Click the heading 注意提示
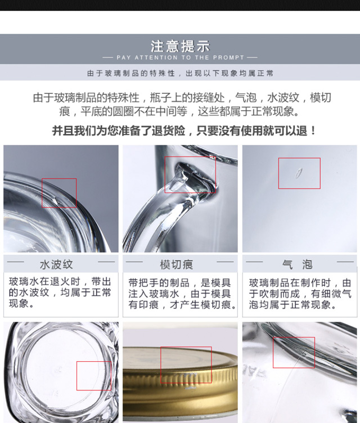point(180,46)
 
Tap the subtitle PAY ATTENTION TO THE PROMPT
point(180,57)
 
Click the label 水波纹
point(56,264)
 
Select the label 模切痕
point(177,264)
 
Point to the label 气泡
point(297,264)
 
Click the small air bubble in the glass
point(299,173)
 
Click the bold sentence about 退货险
point(184,131)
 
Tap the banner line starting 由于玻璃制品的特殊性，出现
point(180,73)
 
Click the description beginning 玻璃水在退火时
point(60,292)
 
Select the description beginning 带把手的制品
point(182,294)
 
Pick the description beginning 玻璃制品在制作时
point(300,294)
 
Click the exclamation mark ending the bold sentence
point(313,131)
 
